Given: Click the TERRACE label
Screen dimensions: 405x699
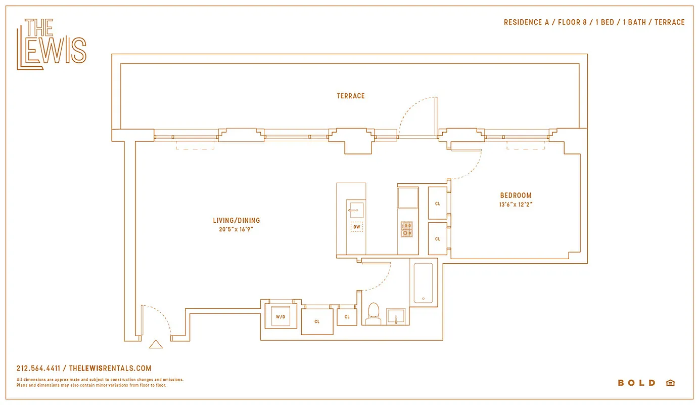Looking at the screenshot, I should pyautogui.click(x=351, y=96).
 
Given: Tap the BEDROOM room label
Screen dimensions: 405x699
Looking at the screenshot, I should pyautogui.click(x=516, y=195).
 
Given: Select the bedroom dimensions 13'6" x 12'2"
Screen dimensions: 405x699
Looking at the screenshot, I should pyautogui.click(x=516, y=205).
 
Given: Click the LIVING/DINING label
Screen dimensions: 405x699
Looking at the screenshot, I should pyautogui.click(x=237, y=220).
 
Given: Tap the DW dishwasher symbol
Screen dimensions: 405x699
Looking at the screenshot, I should pyautogui.click(x=357, y=227).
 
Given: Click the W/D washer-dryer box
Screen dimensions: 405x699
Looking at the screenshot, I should pyautogui.click(x=281, y=316).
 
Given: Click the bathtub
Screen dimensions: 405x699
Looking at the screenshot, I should pyautogui.click(x=424, y=283).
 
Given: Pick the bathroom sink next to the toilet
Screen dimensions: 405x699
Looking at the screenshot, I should pyautogui.click(x=396, y=316).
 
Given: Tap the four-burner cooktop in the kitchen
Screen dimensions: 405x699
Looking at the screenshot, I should pyautogui.click(x=407, y=229).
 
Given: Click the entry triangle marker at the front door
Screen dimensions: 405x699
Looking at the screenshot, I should pyautogui.click(x=156, y=344).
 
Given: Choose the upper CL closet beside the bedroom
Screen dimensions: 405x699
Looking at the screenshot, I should pyautogui.click(x=438, y=203).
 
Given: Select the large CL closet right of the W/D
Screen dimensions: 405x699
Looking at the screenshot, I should pyautogui.click(x=317, y=321).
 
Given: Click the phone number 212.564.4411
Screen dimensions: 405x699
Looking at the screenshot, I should pyautogui.click(x=38, y=369).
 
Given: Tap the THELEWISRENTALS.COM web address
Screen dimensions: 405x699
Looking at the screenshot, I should pyautogui.click(x=110, y=369).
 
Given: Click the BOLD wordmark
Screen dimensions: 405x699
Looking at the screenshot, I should pyautogui.click(x=636, y=383).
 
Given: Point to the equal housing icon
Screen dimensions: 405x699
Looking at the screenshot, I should pyautogui.click(x=670, y=383).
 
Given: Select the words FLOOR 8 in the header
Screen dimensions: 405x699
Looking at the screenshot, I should pyautogui.click(x=573, y=22).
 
